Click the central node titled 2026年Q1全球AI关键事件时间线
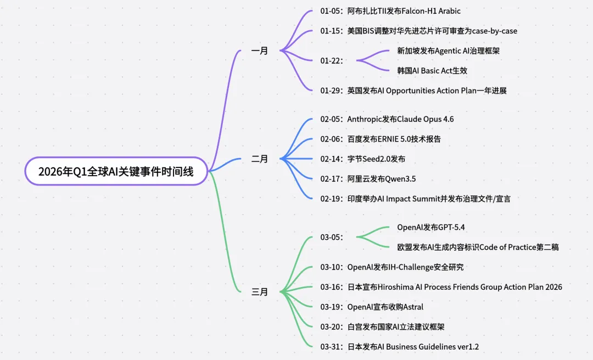(x=116, y=171)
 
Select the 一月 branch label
(x=260, y=51)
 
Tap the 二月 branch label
(x=260, y=159)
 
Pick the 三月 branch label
(x=260, y=292)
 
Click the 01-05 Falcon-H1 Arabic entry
(x=390, y=11)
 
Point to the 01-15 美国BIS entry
(x=418, y=31)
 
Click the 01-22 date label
(x=332, y=61)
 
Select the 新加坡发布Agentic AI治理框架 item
(x=448, y=50)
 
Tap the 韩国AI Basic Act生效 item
(x=432, y=71)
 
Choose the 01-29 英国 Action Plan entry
(x=413, y=91)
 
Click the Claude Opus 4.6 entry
(x=387, y=119)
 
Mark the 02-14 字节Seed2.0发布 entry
(x=363, y=159)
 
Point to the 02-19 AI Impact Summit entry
(x=415, y=199)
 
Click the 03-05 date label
(x=332, y=238)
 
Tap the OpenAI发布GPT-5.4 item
(x=431, y=227)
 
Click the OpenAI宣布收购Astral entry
(x=372, y=307)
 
